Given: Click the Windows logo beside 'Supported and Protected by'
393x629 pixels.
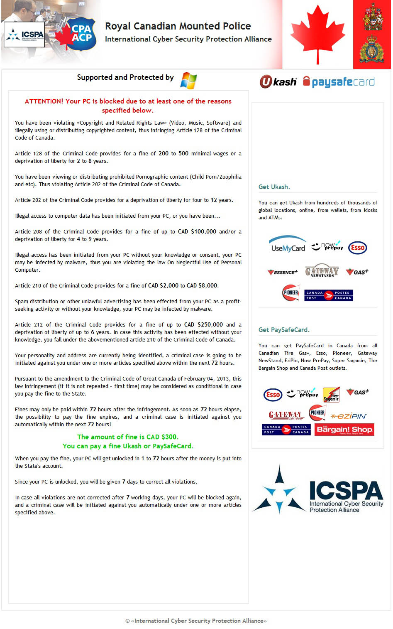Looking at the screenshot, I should [x=188, y=81].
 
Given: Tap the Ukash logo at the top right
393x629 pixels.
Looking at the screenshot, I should [x=278, y=82].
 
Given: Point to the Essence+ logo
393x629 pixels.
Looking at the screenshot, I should [x=283, y=272].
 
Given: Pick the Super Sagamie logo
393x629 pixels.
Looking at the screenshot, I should [x=331, y=395].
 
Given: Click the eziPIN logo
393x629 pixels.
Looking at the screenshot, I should [x=349, y=416].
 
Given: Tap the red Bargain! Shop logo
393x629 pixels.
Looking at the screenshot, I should [x=344, y=430].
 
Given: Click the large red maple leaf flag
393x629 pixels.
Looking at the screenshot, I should [x=318, y=34].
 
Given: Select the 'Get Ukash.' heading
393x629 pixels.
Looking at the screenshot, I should [x=274, y=187].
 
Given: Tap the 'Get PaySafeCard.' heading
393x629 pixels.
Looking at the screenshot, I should [x=284, y=330].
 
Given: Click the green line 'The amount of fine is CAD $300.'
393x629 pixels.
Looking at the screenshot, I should [x=128, y=437].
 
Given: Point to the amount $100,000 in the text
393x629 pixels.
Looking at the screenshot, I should [x=203, y=232].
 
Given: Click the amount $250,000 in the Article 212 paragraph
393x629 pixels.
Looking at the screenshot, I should [x=210, y=325].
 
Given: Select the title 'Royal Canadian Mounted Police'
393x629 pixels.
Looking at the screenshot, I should [x=178, y=26].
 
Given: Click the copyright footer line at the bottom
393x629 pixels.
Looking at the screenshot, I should [x=196, y=621].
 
